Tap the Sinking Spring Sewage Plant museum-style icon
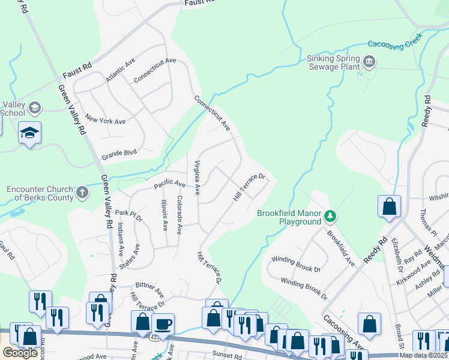point(369,61)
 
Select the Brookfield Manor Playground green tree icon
point(330,215)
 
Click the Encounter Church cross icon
point(82,193)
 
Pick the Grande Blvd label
point(119,152)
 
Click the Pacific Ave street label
point(170,182)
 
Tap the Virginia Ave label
point(196,177)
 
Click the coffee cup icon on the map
point(163,324)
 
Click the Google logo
point(20,353)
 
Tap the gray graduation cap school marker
point(34,107)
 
